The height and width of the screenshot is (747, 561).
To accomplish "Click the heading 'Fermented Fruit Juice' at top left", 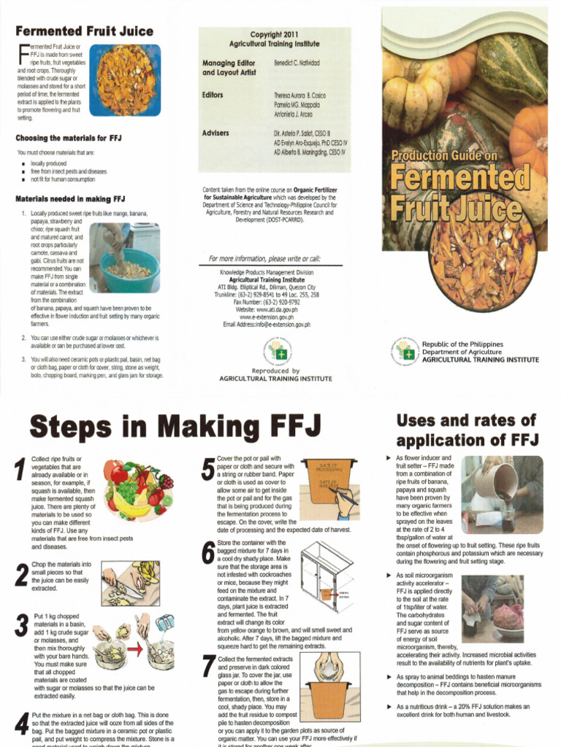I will (x=85, y=31).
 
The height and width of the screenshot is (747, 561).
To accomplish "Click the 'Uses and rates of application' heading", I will (x=466, y=430).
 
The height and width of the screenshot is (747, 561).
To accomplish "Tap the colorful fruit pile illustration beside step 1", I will (x=138, y=489).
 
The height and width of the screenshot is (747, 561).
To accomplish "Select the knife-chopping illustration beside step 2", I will (x=130, y=583).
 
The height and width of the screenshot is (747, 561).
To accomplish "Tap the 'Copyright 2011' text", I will (x=275, y=34).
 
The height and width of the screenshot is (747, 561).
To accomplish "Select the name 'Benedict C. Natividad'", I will (x=297, y=63).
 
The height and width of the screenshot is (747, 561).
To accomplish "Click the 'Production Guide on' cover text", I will (x=443, y=155).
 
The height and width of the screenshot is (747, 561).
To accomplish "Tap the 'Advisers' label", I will (x=215, y=133).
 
